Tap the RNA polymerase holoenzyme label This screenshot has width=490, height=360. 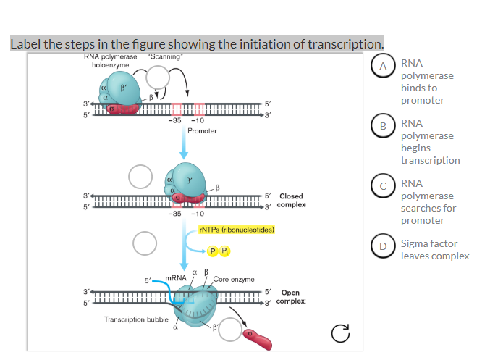[109, 60]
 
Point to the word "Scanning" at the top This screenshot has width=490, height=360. [166, 56]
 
